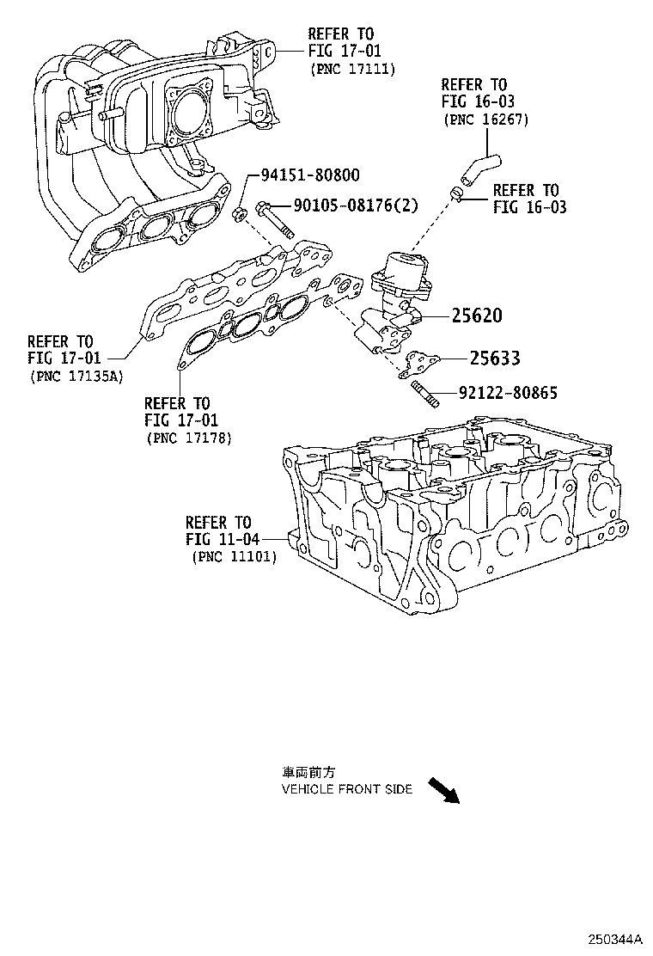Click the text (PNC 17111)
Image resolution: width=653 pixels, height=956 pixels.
coord(352,69)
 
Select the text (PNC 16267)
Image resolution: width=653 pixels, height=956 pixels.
coord(485,119)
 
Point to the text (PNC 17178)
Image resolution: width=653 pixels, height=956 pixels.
coord(189,438)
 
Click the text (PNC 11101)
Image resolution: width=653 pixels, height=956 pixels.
coord(233,556)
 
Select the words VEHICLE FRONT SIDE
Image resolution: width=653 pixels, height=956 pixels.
coord(347,788)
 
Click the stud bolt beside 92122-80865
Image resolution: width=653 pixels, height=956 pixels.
coord(425,397)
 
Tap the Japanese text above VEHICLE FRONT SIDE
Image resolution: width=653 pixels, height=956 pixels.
coord(304,772)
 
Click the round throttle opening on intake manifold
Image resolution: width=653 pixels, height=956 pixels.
coord(190,107)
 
